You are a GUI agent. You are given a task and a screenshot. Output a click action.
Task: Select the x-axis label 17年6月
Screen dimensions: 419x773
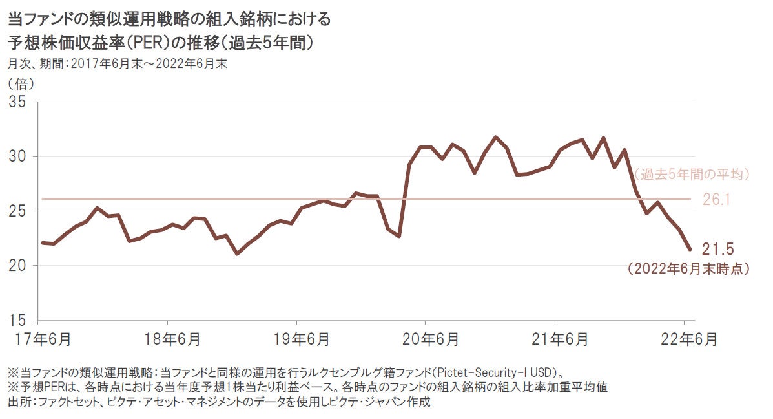(x=39, y=338)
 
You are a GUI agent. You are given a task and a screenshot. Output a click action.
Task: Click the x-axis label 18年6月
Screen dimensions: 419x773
(x=168, y=338)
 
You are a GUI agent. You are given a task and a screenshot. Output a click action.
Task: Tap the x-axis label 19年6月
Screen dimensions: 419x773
(x=297, y=338)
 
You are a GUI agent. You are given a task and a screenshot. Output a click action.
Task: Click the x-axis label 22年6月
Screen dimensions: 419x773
(x=685, y=338)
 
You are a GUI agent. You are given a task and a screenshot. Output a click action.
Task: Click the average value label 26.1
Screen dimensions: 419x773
(x=716, y=200)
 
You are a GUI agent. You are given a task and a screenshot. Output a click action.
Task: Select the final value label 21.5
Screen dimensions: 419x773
(x=718, y=250)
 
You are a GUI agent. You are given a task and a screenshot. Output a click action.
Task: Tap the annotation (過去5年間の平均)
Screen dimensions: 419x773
(x=691, y=175)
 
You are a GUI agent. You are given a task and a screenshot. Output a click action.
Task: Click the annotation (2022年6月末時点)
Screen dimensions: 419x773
(x=688, y=269)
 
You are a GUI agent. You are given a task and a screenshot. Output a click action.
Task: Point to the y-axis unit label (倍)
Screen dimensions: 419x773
(x=21, y=83)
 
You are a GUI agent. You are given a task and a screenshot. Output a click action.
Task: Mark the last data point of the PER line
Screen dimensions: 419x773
(x=690, y=249)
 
